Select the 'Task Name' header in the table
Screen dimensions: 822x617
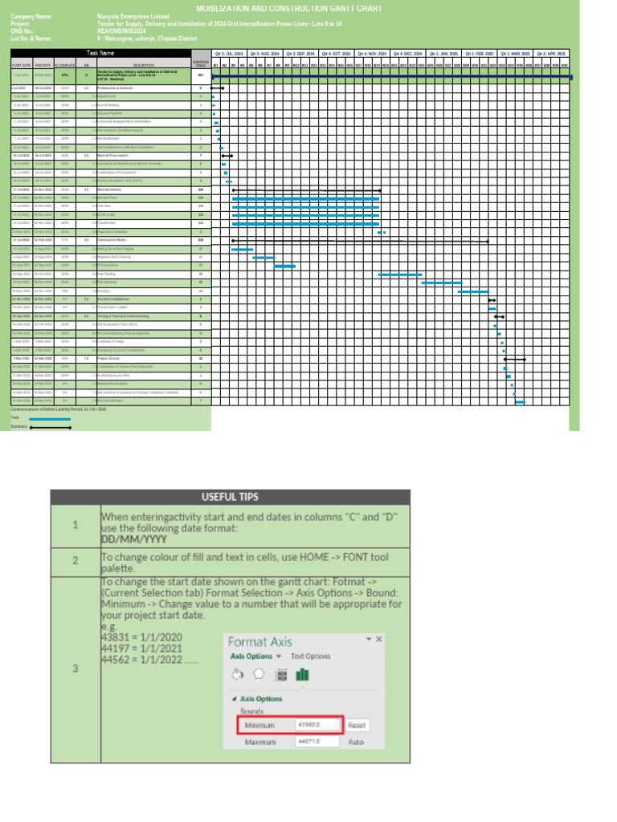click(x=100, y=53)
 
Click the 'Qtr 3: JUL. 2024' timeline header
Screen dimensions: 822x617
click(x=229, y=53)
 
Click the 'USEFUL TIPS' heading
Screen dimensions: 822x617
click(x=230, y=496)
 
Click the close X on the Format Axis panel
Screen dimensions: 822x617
click(x=379, y=639)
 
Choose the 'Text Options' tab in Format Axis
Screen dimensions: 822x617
click(x=310, y=656)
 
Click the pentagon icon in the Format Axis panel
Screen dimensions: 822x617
click(x=259, y=675)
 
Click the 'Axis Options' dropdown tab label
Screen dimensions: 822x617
click(x=252, y=656)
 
